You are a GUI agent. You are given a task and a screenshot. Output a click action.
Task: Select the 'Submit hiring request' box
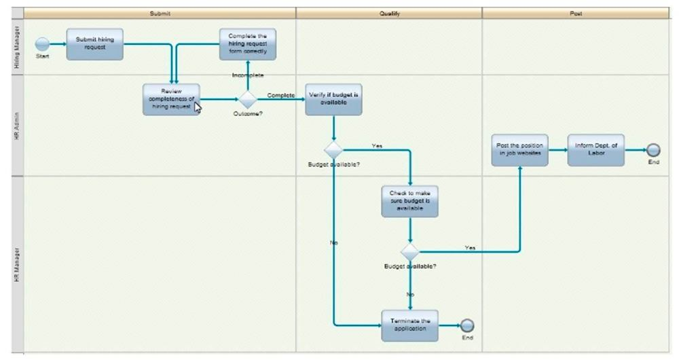pos(95,43)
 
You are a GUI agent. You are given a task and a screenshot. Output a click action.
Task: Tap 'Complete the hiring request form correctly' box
pos(247,43)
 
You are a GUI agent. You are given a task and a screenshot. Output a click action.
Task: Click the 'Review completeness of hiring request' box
pos(171,99)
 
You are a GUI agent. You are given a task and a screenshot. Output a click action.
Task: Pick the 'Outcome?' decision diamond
pos(248,99)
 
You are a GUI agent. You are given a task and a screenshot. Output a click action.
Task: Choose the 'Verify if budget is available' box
pos(333,99)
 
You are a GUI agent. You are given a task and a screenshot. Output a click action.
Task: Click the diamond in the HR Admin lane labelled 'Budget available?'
pos(333,150)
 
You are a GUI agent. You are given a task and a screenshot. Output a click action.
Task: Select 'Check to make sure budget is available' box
pos(410,201)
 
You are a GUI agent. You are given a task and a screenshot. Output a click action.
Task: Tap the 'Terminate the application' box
pos(410,325)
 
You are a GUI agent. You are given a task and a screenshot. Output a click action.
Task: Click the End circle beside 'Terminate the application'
pos(467,325)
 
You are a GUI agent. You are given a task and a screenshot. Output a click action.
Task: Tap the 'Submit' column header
pos(160,13)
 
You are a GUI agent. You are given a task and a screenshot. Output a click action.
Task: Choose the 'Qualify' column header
pos(388,13)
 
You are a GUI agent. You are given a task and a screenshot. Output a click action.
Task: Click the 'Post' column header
pos(575,13)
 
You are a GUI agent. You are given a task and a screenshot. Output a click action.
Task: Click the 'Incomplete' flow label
pos(248,75)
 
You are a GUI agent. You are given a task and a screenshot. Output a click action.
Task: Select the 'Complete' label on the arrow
pos(281,95)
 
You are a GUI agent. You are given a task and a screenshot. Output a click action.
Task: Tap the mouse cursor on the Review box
pos(198,106)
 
